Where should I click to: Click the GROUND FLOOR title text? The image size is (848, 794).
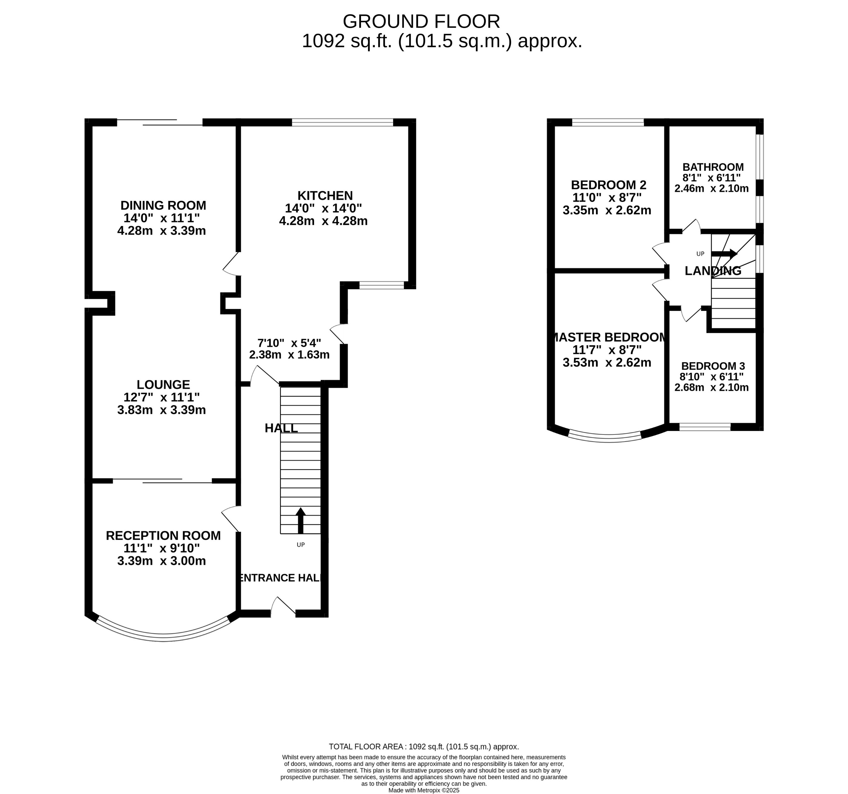tap(421, 21)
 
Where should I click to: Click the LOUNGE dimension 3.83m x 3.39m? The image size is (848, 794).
tap(161, 410)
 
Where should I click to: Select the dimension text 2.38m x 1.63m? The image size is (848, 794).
tap(289, 354)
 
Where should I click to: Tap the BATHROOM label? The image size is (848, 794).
tap(713, 167)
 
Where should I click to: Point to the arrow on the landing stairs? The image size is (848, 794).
tap(724, 253)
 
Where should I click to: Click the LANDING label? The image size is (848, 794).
tap(713, 271)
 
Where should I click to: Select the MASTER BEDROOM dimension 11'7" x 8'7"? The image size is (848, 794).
tap(607, 350)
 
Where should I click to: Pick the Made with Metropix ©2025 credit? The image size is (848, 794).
tap(424, 790)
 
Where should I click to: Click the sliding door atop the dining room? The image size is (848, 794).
tap(160, 123)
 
